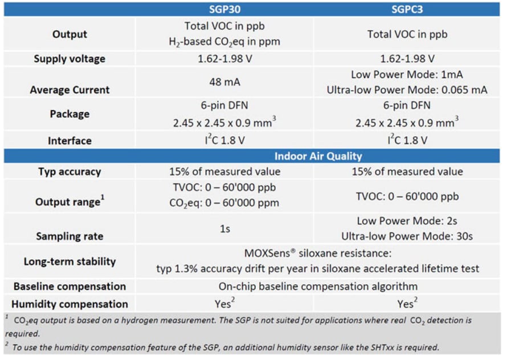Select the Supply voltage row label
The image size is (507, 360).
pyautogui.click(x=69, y=59)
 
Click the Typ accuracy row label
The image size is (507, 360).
pyautogui.click(x=69, y=171)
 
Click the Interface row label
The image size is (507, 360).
pyautogui.click(x=69, y=141)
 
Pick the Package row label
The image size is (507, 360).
pyautogui.click(x=69, y=114)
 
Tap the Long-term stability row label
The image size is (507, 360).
pyautogui.click(x=69, y=261)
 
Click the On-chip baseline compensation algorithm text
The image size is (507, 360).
pyautogui.click(x=318, y=287)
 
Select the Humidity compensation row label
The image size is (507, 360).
pyautogui.click(x=69, y=304)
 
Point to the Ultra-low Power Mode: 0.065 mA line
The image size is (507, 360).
pyautogui.click(x=407, y=90)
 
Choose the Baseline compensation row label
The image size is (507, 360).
pyautogui.click(x=69, y=287)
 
